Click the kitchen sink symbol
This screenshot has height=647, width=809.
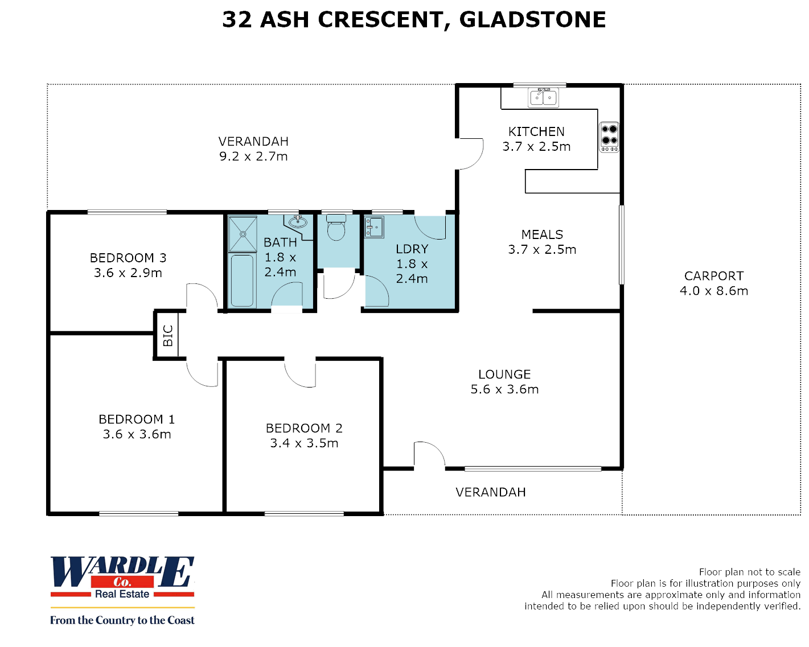pyautogui.click(x=544, y=97)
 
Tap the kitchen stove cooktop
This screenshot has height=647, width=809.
pyautogui.click(x=609, y=137)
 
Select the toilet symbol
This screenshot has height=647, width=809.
pyautogui.click(x=336, y=228)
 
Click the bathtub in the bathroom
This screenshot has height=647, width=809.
pyautogui.click(x=242, y=281)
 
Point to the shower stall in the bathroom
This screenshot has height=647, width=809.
pyautogui.click(x=243, y=234)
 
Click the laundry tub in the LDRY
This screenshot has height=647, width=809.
pyautogui.click(x=374, y=227)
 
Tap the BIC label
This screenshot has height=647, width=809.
pyautogui.click(x=168, y=336)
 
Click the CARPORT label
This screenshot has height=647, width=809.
pyautogui.click(x=714, y=276)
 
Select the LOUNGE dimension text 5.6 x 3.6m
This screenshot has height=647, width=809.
pyautogui.click(x=504, y=390)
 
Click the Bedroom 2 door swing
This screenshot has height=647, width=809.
pyautogui.click(x=301, y=373)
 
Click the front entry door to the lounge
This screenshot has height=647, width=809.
pyautogui.click(x=428, y=455)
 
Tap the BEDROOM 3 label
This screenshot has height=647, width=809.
pyautogui.click(x=128, y=258)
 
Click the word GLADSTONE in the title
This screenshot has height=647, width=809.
pyautogui.click(x=532, y=20)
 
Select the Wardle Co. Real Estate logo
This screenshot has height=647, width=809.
pyautogui.click(x=122, y=577)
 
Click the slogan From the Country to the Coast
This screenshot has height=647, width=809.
pyautogui.click(x=122, y=620)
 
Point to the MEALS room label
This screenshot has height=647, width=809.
pyautogui.click(x=542, y=234)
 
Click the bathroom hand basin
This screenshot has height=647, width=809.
pyautogui.click(x=297, y=222)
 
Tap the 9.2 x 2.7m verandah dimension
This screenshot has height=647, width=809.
pyautogui.click(x=253, y=156)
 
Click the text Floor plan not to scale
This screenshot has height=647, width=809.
pyautogui.click(x=749, y=572)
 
